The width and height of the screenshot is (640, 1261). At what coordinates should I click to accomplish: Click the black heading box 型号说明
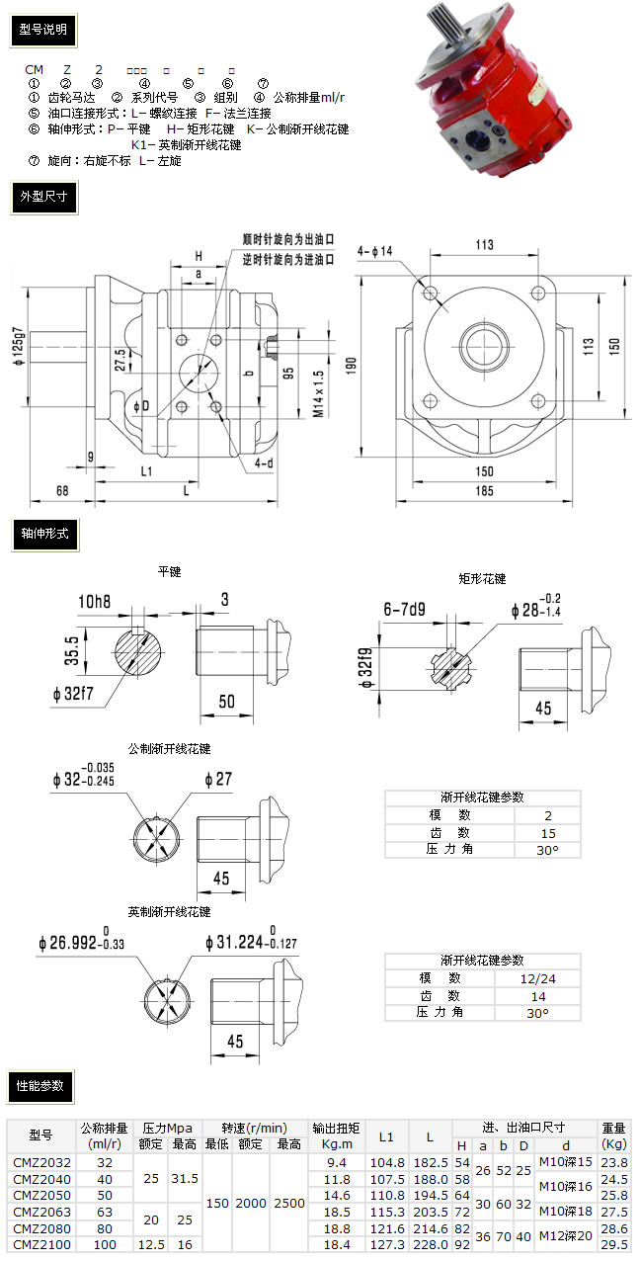[42, 30]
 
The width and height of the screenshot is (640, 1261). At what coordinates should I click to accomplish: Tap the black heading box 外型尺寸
[42, 197]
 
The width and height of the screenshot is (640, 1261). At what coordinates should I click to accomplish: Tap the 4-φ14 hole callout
[374, 251]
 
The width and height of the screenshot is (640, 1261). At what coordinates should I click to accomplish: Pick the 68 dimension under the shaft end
[61, 490]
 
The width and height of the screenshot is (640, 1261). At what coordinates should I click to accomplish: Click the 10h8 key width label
[95, 601]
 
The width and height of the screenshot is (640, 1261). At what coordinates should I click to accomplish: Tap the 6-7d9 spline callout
[403, 611]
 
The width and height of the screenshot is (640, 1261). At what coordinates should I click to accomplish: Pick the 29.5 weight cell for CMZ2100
[614, 1245]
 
